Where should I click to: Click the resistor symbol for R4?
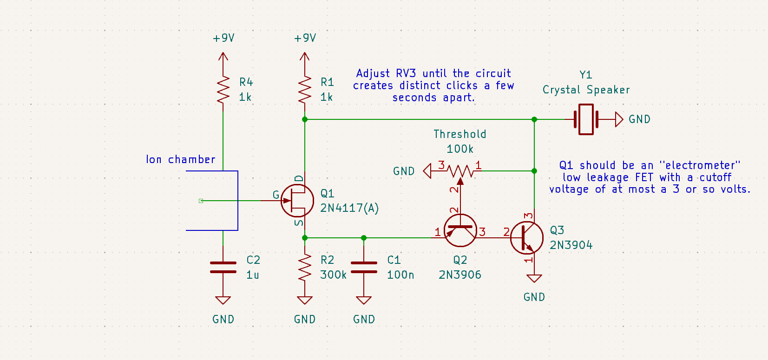pos(223,90)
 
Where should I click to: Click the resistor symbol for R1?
pos(305,90)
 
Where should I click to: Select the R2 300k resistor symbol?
pos(305,267)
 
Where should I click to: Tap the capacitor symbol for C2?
pos(223,267)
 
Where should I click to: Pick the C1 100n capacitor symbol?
pos(364,267)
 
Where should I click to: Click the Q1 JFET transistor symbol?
pos(297,201)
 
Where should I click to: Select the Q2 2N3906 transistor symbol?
pos(460,230)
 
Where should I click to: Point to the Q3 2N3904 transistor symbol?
pos(527,237)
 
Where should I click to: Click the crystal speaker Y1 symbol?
pos(586,119)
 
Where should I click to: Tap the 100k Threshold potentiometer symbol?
pos(460,171)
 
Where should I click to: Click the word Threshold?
pos(459,134)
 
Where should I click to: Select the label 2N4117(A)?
pos(349,208)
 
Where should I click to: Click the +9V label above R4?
pos(223,38)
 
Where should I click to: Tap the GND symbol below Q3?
pos(534,279)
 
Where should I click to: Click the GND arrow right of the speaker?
pos(618,119)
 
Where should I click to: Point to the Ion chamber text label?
pos(180,159)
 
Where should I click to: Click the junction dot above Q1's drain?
pos(305,119)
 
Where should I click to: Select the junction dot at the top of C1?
pos(364,238)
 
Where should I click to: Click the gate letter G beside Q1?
pos(276,195)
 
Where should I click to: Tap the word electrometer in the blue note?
pos(700,165)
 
